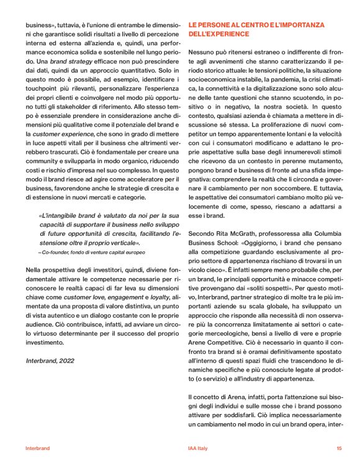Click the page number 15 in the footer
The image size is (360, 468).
coord(339,448)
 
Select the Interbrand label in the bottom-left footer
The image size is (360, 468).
coord(37,448)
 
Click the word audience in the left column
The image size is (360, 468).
coord(42,317)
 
